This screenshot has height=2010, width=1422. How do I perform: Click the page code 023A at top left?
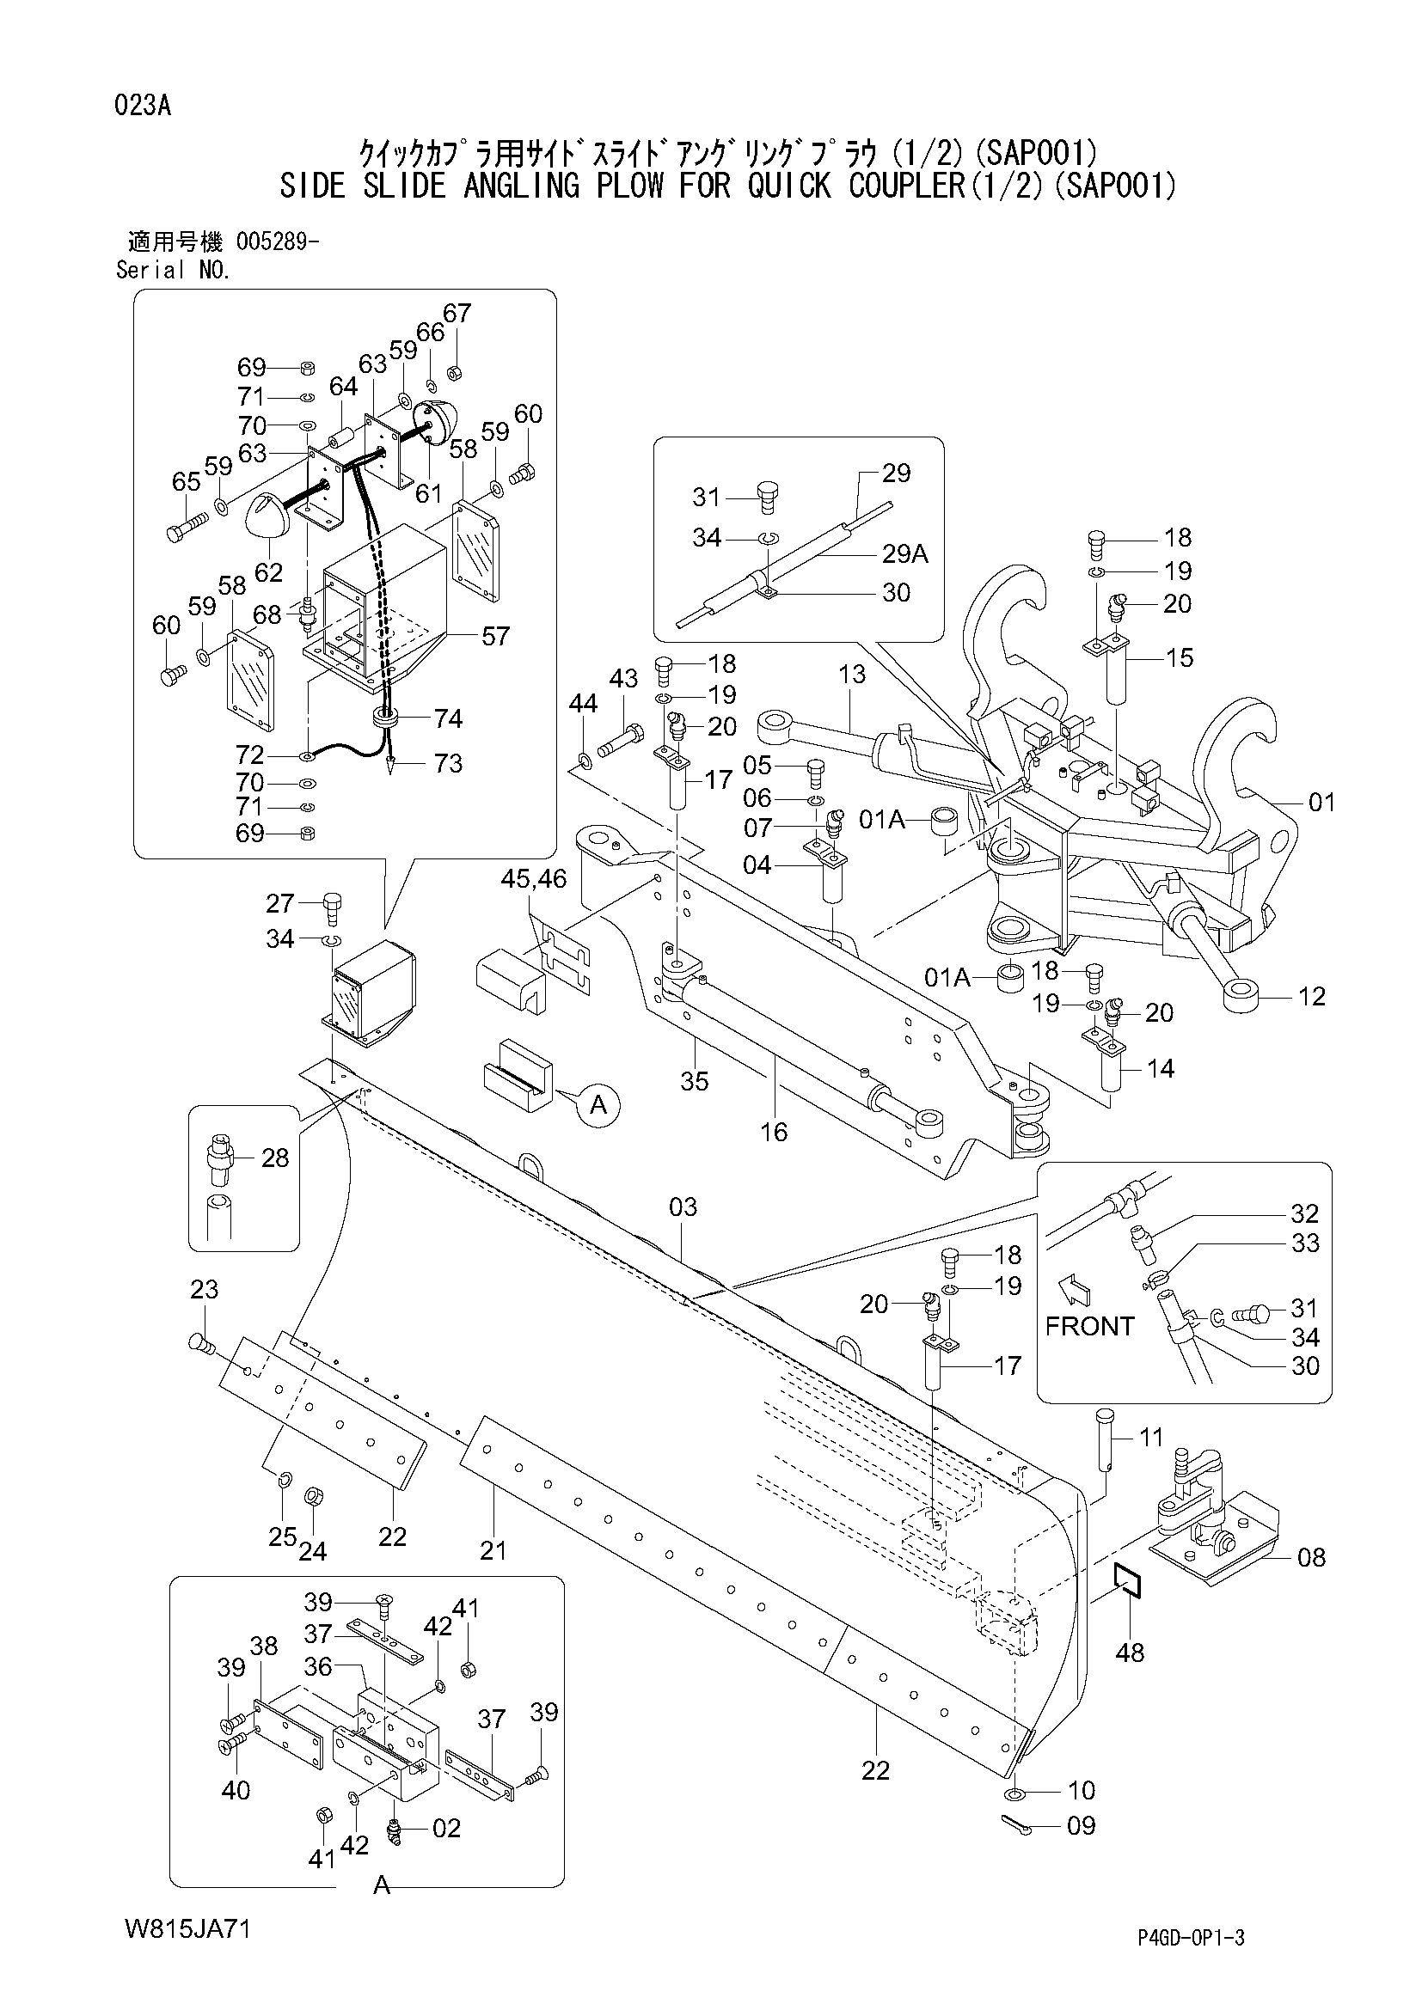point(142,107)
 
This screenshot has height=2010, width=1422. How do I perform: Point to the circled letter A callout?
point(598,1105)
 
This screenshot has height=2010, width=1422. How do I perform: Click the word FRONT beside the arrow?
point(1089,1326)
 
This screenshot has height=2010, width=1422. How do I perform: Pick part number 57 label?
point(495,637)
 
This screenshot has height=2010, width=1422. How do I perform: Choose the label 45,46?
point(534,877)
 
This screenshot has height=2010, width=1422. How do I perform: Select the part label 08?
point(1312,1557)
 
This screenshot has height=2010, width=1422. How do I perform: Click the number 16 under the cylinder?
point(774,1132)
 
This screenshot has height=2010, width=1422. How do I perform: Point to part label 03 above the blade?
point(683,1207)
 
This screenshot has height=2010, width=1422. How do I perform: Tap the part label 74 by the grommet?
point(448,718)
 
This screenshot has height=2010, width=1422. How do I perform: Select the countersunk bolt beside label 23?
point(201,1342)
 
